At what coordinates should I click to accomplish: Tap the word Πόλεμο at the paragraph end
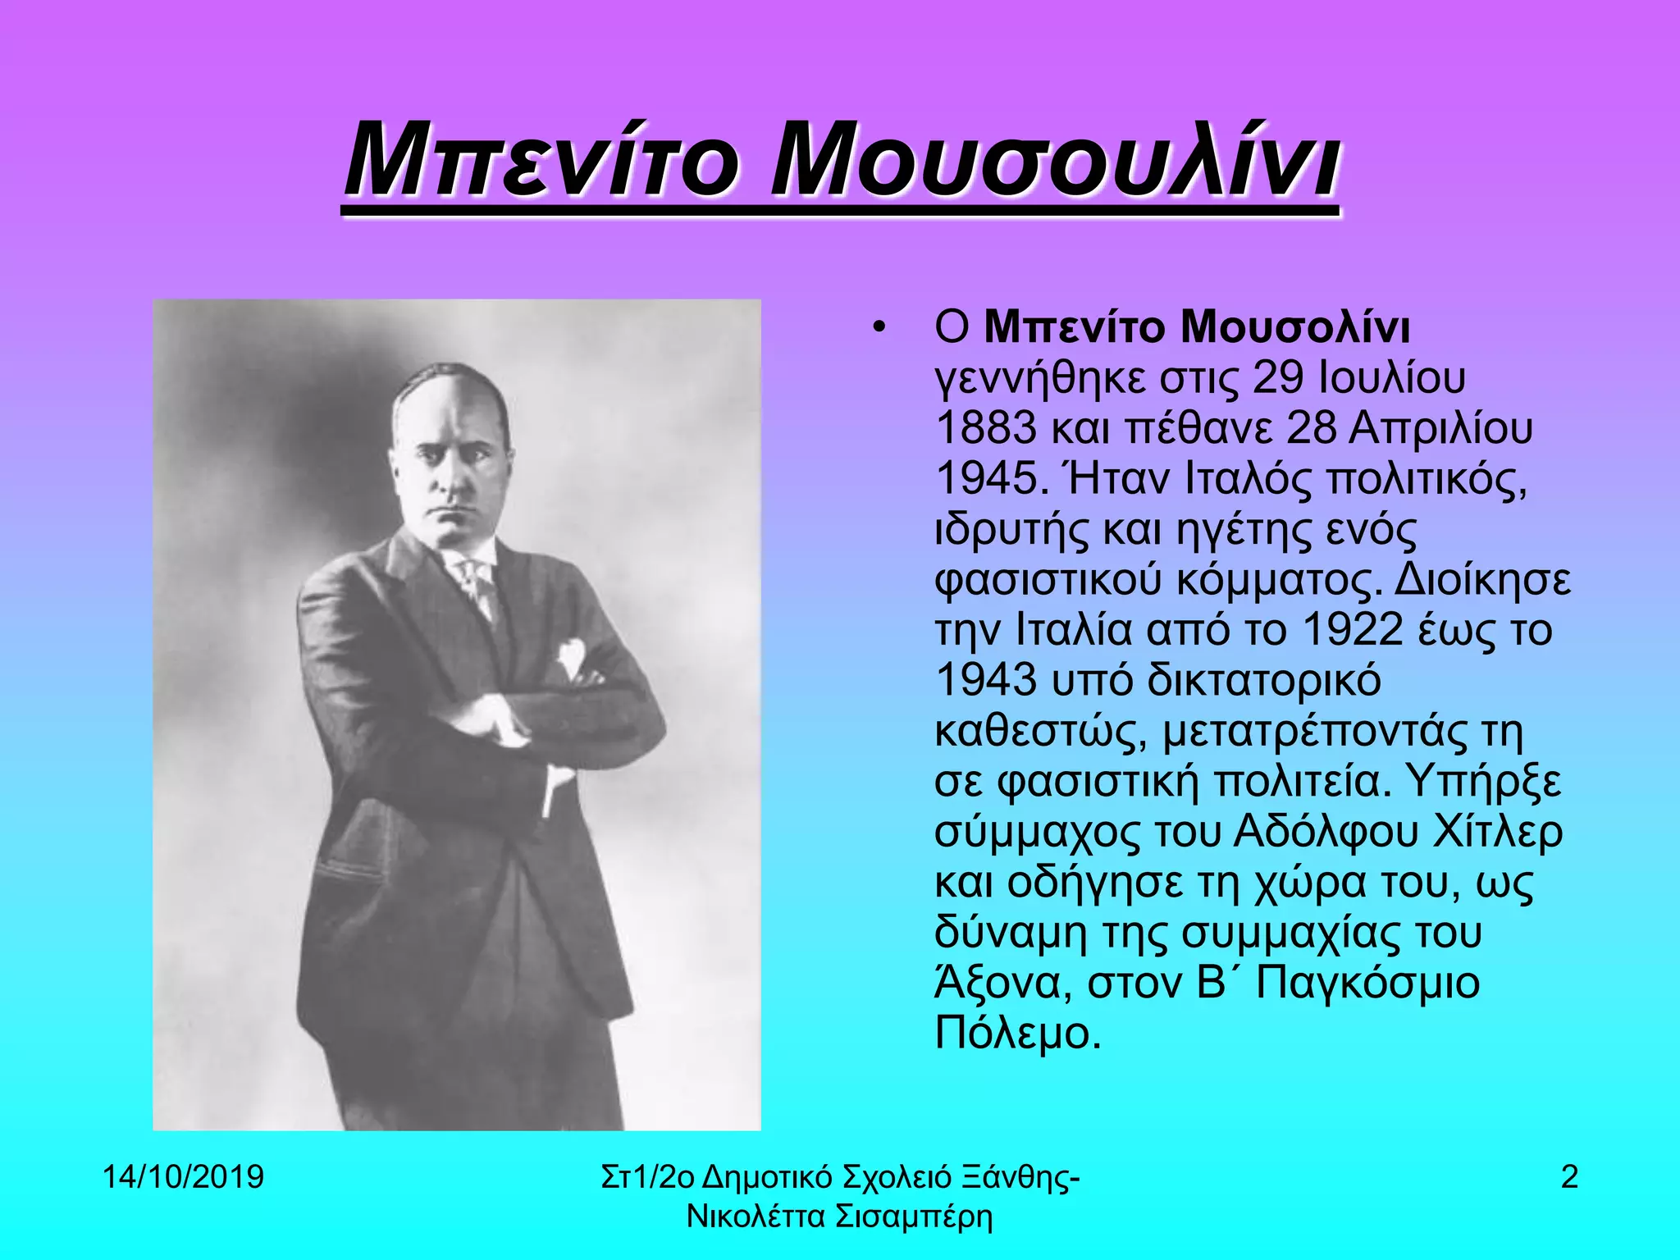(1016, 1034)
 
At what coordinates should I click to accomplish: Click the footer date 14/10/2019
(183, 1178)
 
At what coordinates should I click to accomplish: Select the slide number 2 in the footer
(1569, 1178)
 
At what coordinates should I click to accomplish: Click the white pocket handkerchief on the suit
(571, 656)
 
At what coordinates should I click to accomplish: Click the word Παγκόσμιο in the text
(1367, 983)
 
